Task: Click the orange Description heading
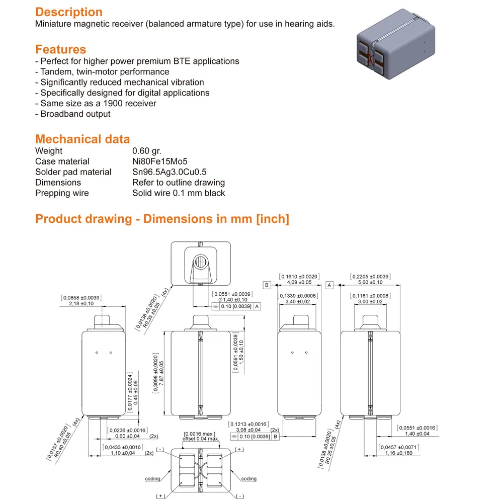tap(69, 12)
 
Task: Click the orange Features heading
tap(60, 49)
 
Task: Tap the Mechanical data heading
tap(82, 139)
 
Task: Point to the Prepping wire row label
tap(62, 193)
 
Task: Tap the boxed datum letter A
tap(330, 285)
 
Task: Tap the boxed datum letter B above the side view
tap(268, 285)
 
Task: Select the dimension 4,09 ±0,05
tap(299, 283)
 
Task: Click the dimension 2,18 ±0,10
tap(80, 304)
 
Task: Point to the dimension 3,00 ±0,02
tap(371, 302)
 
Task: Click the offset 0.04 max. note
tap(200, 439)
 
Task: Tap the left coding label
tap(153, 479)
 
